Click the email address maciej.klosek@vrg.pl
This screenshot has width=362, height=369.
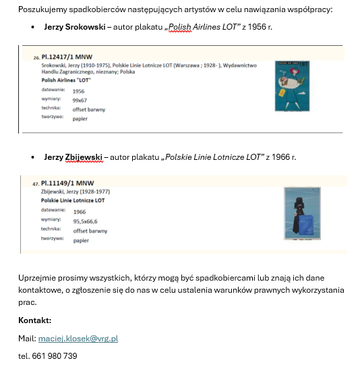78,339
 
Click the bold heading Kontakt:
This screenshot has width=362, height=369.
35,320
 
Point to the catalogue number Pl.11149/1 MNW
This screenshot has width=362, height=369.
67,183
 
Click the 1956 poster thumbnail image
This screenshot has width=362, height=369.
283,86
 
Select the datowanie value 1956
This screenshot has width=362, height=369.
79,90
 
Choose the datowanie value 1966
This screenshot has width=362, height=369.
80,212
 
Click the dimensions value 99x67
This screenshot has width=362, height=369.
80,100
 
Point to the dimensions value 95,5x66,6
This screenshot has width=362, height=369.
86,221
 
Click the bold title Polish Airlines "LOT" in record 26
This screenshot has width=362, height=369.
66,80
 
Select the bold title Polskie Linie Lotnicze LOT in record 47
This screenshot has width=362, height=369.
73,200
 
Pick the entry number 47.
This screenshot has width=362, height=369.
36,183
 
